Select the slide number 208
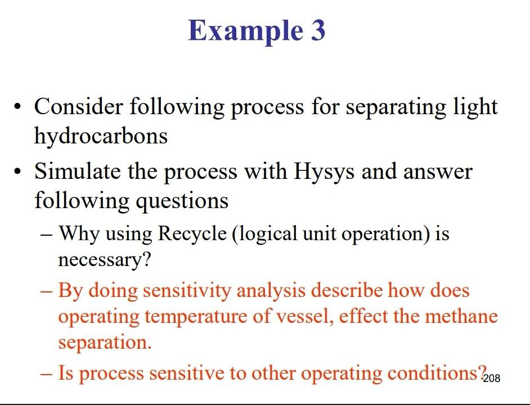point(492,378)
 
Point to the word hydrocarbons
point(101,136)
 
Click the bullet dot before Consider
point(20,107)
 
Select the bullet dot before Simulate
point(20,172)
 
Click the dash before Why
point(47,233)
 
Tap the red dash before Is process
point(47,373)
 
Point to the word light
point(478,106)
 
